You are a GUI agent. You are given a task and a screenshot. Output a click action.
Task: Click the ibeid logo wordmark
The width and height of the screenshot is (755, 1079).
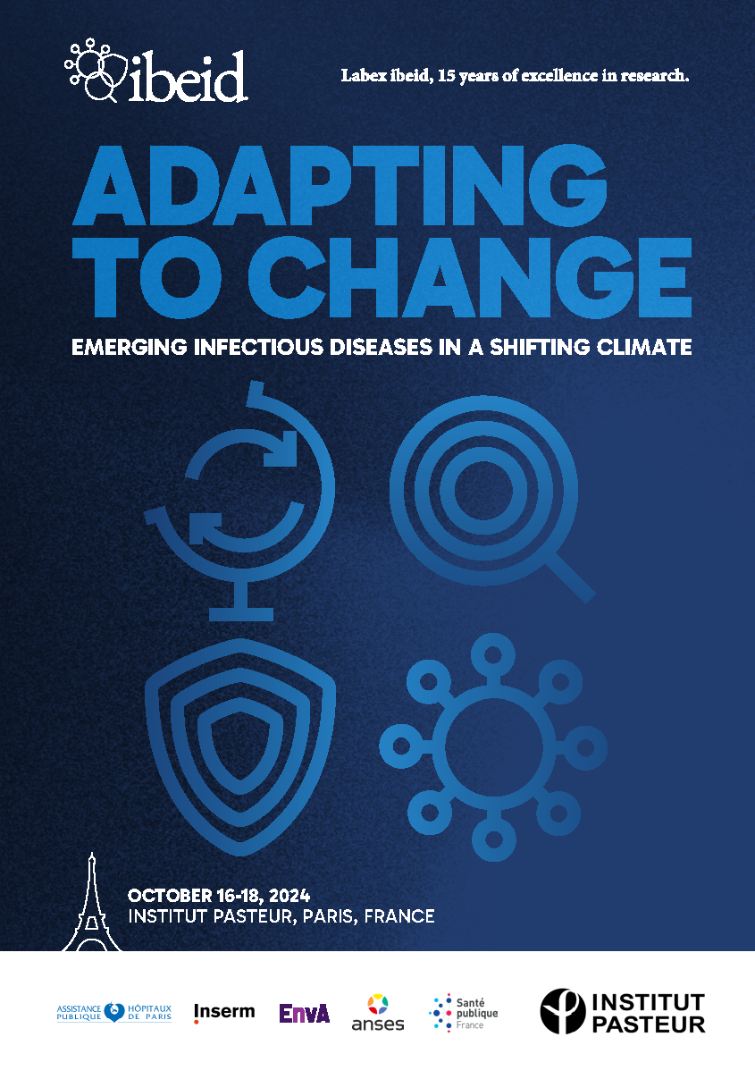tap(188, 77)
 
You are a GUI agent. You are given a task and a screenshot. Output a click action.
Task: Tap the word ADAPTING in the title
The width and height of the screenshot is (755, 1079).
tap(340, 186)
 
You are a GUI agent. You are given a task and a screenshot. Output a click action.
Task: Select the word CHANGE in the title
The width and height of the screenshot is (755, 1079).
tap(470, 277)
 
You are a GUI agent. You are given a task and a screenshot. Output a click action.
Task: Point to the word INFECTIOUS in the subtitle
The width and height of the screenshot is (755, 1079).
tap(258, 347)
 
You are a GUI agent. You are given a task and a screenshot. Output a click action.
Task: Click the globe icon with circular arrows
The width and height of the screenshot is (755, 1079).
tap(239, 501)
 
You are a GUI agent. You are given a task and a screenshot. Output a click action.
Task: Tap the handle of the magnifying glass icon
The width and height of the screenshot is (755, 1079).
tap(571, 577)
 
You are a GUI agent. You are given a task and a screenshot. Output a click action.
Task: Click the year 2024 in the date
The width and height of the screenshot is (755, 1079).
tap(289, 896)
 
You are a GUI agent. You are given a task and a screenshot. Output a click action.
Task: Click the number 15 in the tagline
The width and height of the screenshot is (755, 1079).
tap(446, 76)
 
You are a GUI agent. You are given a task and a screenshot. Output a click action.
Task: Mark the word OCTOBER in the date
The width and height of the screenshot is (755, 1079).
tap(170, 896)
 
